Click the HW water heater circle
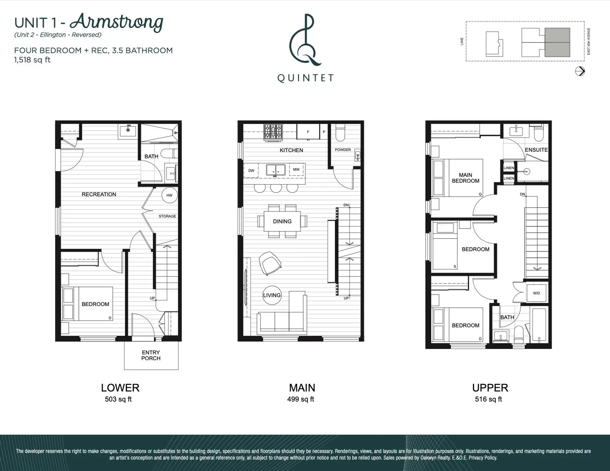tap(169, 195)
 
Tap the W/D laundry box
tap(536, 293)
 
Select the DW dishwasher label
tap(251, 171)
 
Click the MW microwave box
tap(296, 169)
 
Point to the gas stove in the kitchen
tap(273, 132)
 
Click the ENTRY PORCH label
tap(151, 355)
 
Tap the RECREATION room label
tap(99, 194)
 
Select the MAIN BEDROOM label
tap(465, 178)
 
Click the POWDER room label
tap(343, 150)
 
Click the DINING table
tap(282, 222)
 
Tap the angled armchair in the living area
tap(270, 263)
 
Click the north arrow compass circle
tap(580, 71)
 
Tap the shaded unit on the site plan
tap(557, 43)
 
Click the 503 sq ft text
tap(118, 399)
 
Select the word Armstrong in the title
tap(116, 22)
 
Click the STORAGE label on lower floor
tap(167, 216)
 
